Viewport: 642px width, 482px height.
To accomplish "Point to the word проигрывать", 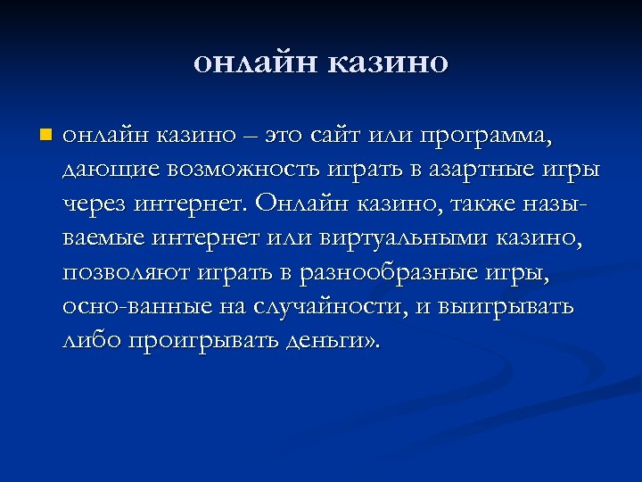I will (x=198, y=341).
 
